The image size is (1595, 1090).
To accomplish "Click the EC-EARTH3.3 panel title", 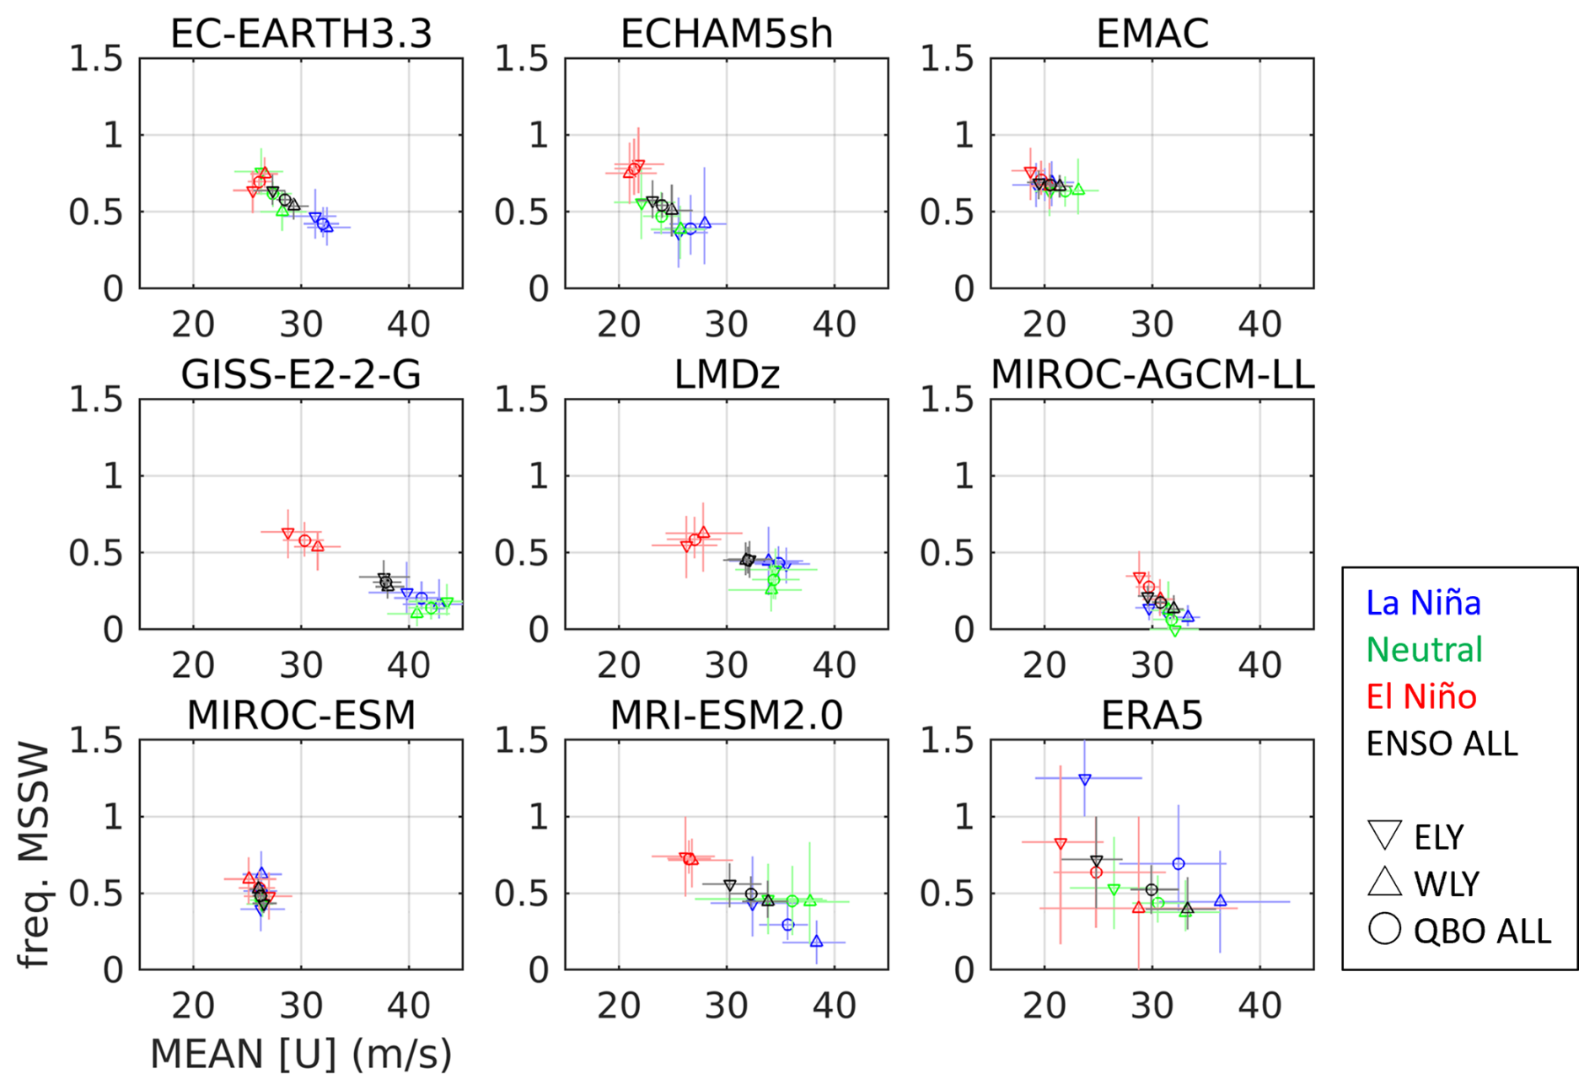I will pos(301,34).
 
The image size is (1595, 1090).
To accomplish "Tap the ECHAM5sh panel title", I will pos(726,34).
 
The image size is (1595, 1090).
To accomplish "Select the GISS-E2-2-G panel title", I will pos(301,374).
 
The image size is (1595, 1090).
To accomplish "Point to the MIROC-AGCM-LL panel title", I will pos(1152,374).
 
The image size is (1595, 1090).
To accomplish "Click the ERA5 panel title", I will pos(1152,715).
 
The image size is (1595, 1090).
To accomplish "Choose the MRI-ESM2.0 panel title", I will pos(726,715).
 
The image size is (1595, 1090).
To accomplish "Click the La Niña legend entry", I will pos(1423,603).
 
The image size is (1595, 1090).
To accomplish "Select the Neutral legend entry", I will pos(1424,649).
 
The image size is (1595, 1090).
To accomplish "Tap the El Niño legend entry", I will pos(1421,696).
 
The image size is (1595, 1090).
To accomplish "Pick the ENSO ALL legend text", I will pos(1442,744).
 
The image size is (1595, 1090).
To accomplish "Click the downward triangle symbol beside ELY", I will pos(1384,835).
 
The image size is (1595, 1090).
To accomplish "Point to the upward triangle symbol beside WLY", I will pos(1384,882).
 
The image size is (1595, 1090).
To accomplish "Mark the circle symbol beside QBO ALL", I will pos(1384,929).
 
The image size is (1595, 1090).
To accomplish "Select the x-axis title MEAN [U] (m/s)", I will pos(301,1054).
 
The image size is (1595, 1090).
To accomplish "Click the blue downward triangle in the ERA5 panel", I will pos(1085,780).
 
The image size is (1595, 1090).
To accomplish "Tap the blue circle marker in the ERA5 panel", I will pos(1179,863).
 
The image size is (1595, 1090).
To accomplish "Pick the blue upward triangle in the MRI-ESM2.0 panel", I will pos(816,941).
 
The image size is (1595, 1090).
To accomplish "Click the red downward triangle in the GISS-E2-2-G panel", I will pos(288,534).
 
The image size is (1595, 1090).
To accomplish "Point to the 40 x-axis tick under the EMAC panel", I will pos(1259,325).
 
